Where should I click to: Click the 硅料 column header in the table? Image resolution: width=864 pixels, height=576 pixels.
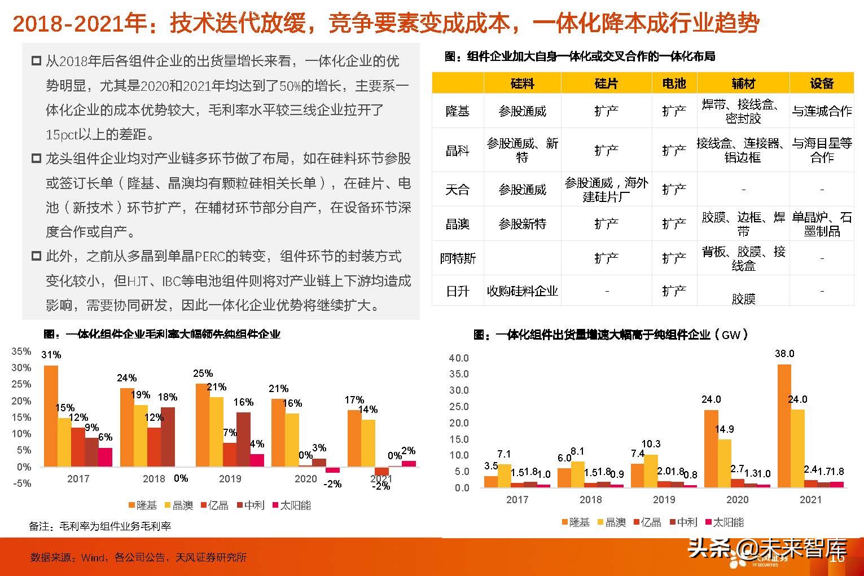click(522, 83)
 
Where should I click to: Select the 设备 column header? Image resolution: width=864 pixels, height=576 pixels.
click(821, 83)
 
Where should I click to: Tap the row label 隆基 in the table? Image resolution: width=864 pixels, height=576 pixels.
click(457, 111)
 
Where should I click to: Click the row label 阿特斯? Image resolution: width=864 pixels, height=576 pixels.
click(458, 258)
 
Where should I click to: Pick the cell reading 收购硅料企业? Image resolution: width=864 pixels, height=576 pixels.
click(522, 291)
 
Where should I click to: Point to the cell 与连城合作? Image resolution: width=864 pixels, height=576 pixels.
click(822, 111)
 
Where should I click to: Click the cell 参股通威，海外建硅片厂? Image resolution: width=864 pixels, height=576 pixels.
click(606, 190)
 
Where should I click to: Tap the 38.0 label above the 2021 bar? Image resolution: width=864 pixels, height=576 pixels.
click(784, 354)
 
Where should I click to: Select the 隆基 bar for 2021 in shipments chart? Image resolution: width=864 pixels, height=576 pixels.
click(784, 425)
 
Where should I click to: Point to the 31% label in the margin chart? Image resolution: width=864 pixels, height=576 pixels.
click(51, 355)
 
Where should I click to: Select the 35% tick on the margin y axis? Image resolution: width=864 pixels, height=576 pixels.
click(21, 351)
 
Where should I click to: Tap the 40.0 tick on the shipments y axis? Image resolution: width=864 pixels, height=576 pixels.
click(459, 358)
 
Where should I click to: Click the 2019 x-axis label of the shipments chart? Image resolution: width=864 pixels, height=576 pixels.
click(664, 500)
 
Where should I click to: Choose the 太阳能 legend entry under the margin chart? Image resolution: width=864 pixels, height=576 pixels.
click(292, 505)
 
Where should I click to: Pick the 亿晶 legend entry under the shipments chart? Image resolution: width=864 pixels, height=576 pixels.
click(646, 522)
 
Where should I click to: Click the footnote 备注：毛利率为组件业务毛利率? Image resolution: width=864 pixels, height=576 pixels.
click(100, 526)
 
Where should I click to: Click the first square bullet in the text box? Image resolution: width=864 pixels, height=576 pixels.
click(36, 61)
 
